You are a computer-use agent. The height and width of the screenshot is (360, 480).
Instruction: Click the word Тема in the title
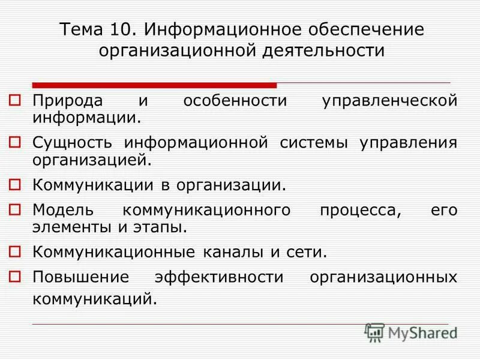(82, 29)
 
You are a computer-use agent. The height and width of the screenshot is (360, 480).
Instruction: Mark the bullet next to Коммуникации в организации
(16, 182)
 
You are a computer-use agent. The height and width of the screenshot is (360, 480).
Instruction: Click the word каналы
(236, 251)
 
